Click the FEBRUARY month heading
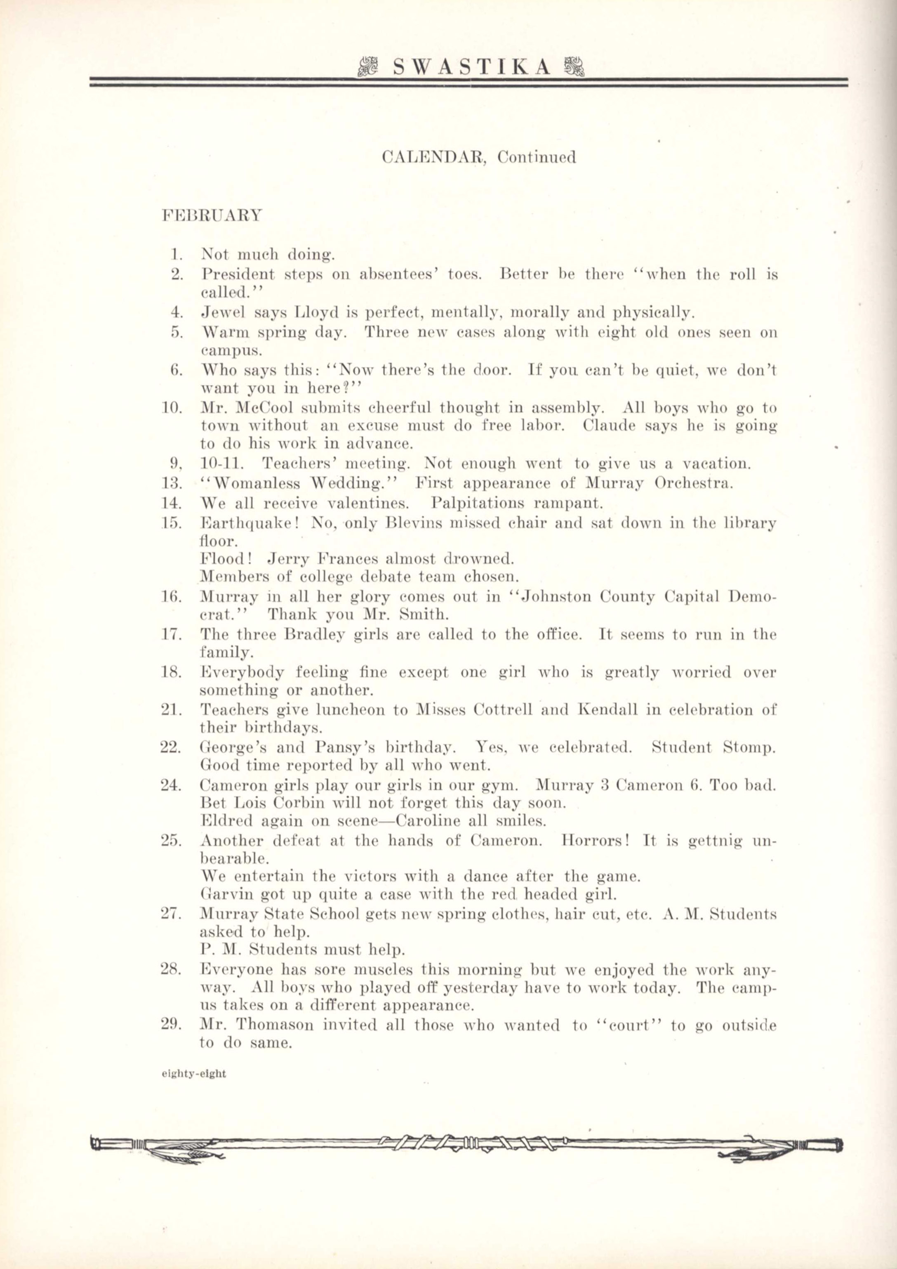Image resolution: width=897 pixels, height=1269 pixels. (x=212, y=215)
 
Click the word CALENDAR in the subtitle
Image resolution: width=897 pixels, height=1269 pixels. (x=433, y=158)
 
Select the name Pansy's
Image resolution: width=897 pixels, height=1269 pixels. (x=346, y=748)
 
